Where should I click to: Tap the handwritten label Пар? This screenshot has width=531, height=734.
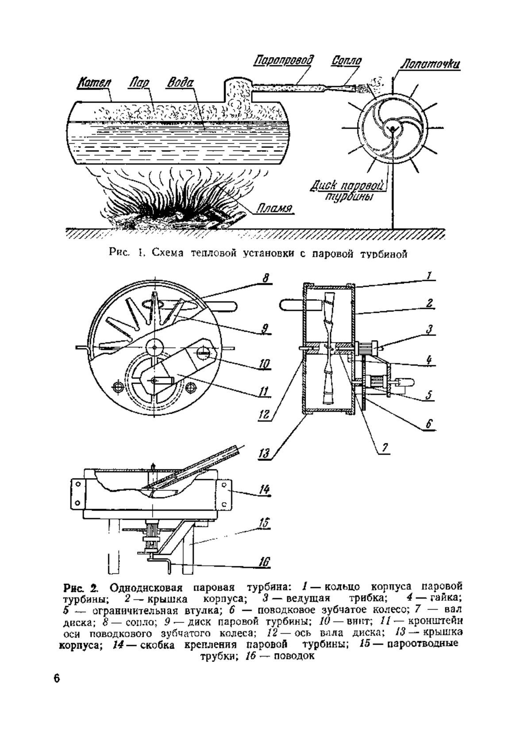(x=138, y=83)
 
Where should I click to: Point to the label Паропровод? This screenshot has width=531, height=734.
(x=284, y=61)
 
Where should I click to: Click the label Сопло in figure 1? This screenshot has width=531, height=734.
(x=346, y=61)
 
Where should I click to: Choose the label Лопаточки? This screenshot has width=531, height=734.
(x=430, y=64)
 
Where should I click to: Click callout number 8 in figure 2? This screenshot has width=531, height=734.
(x=265, y=278)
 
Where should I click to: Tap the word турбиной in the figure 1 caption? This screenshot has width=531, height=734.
(x=383, y=254)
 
